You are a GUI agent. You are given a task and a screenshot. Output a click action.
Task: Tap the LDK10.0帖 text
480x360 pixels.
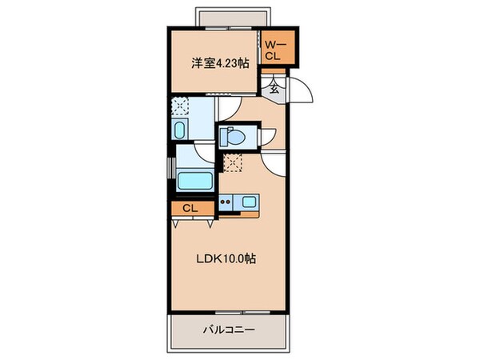click(227, 259)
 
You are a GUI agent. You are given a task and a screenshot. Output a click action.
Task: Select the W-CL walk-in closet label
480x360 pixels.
click(273, 50)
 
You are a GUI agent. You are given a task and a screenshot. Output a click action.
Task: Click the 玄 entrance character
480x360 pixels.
click(274, 89)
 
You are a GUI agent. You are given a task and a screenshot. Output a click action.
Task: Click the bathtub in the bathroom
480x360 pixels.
click(194, 179)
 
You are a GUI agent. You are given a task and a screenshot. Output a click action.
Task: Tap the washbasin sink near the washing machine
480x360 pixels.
click(179, 129)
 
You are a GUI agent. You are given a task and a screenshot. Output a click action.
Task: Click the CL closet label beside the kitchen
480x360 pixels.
click(190, 209)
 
